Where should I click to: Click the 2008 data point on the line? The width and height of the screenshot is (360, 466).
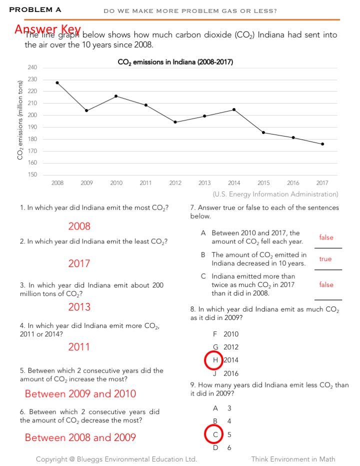pos(57,82)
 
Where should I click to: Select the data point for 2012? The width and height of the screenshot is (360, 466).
pos(175,122)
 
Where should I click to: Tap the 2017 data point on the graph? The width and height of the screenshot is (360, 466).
pos(322,144)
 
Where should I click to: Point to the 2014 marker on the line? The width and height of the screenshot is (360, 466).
pos(234,109)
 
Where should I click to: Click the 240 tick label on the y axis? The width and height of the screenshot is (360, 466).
pos(31,67)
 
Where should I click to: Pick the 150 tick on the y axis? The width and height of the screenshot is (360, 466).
pos(31,174)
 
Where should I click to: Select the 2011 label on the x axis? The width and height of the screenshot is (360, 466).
pos(145,183)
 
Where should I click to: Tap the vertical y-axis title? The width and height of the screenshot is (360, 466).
pos(20,120)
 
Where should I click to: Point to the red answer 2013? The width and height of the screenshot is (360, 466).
pos(79,306)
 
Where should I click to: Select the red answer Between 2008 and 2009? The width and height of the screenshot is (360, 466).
pos(80,437)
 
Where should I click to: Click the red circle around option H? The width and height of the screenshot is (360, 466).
pos(214,360)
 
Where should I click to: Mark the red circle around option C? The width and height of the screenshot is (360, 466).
pos(214,434)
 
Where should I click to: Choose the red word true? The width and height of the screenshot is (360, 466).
pos(325,259)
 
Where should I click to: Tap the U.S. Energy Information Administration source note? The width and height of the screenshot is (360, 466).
pos(275,194)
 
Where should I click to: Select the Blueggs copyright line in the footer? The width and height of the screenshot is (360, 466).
pos(116,459)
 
